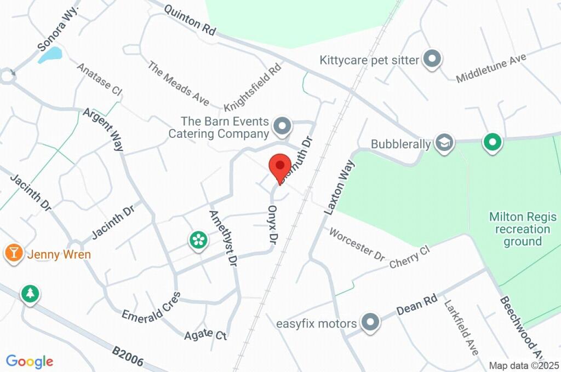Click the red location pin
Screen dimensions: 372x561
tap(280, 166)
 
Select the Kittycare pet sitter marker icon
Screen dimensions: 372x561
tap(433, 59)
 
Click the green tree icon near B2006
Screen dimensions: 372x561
tap(30, 294)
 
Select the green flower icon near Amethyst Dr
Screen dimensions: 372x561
tap(197, 239)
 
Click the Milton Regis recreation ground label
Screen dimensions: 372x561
tap(519, 229)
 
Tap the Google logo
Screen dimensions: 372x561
tap(30, 361)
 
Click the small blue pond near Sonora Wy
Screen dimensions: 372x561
tap(50, 54)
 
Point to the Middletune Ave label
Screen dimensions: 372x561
tap(491, 68)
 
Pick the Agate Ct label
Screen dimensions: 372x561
tap(205, 333)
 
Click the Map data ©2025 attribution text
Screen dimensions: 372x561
tap(524, 365)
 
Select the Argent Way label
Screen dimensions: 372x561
tap(104, 130)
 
